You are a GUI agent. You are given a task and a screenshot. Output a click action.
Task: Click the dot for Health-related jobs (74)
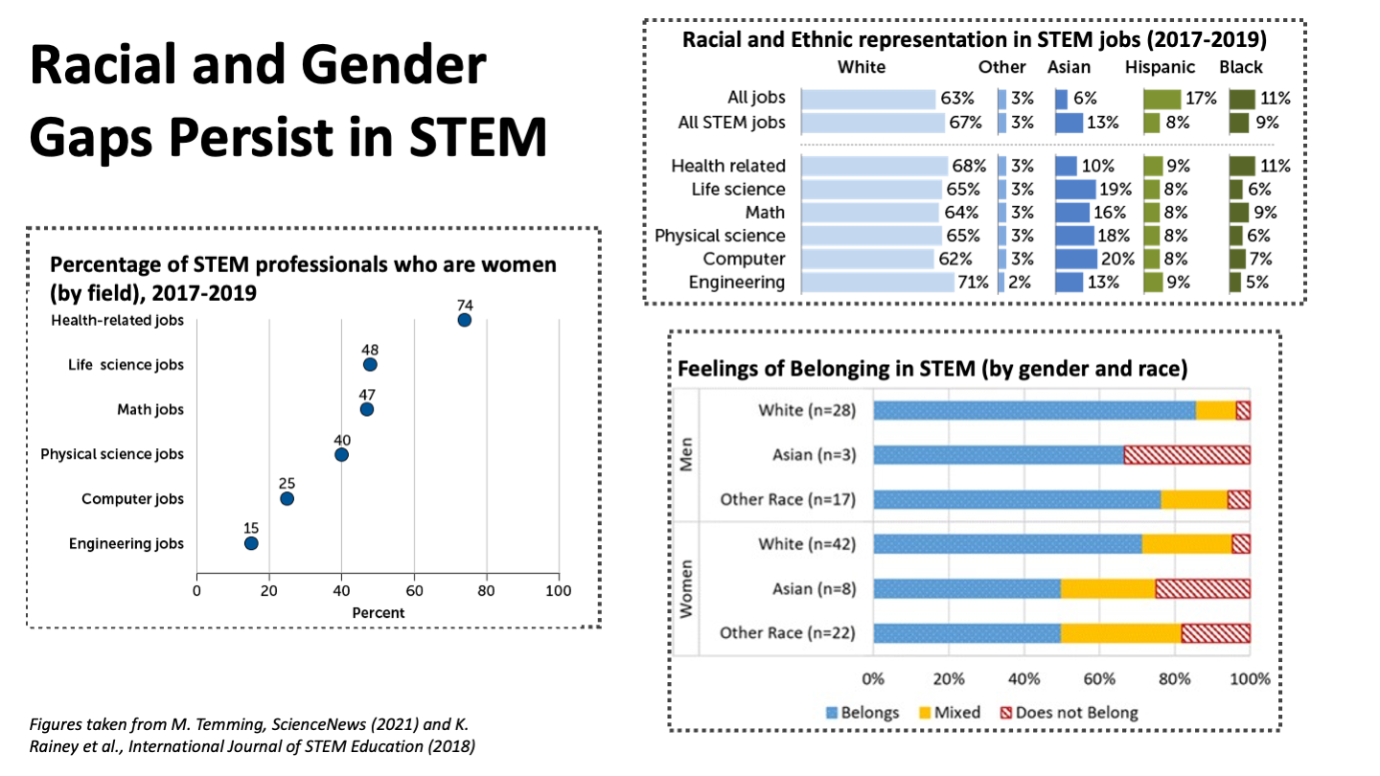(x=465, y=320)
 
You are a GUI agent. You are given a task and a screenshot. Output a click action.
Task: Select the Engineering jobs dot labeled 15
(x=251, y=543)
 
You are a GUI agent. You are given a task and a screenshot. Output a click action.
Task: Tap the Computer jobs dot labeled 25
(x=287, y=498)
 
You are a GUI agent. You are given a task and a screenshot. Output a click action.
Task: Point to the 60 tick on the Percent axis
(x=414, y=590)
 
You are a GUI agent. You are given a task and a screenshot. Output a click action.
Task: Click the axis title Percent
(x=378, y=612)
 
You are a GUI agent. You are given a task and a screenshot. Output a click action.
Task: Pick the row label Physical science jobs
(x=112, y=454)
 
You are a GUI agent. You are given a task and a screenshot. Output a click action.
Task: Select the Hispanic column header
(x=1161, y=67)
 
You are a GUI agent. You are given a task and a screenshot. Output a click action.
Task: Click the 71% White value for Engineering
(x=964, y=282)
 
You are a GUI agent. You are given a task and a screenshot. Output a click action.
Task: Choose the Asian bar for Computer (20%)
(x=1076, y=259)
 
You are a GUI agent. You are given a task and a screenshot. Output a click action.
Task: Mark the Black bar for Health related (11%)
(x=1242, y=166)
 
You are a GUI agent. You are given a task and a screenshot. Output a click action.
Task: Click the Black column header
(x=1241, y=67)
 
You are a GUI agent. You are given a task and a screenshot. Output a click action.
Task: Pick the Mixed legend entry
(x=949, y=712)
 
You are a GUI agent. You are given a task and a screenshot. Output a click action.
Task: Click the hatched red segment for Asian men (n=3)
(x=1186, y=454)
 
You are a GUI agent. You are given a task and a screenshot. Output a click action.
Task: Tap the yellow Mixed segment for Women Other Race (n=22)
(x=1120, y=632)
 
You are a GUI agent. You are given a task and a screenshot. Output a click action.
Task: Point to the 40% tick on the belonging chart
(x=1024, y=679)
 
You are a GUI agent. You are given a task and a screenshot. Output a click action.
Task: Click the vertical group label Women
(x=686, y=588)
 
